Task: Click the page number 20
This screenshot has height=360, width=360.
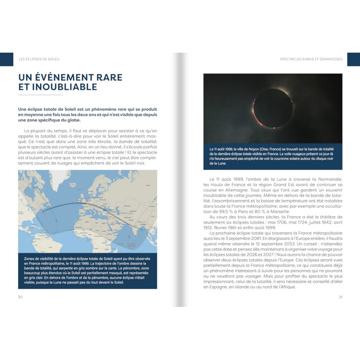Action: [x=20, y=297]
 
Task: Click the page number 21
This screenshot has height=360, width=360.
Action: [x=341, y=297]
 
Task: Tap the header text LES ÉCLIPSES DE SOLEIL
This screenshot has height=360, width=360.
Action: [x=39, y=59]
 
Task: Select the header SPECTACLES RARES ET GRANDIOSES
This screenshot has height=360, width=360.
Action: [x=311, y=59]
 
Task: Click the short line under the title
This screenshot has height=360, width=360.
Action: [x=40, y=95]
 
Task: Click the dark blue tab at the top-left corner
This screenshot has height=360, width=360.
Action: [x=6, y=59]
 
